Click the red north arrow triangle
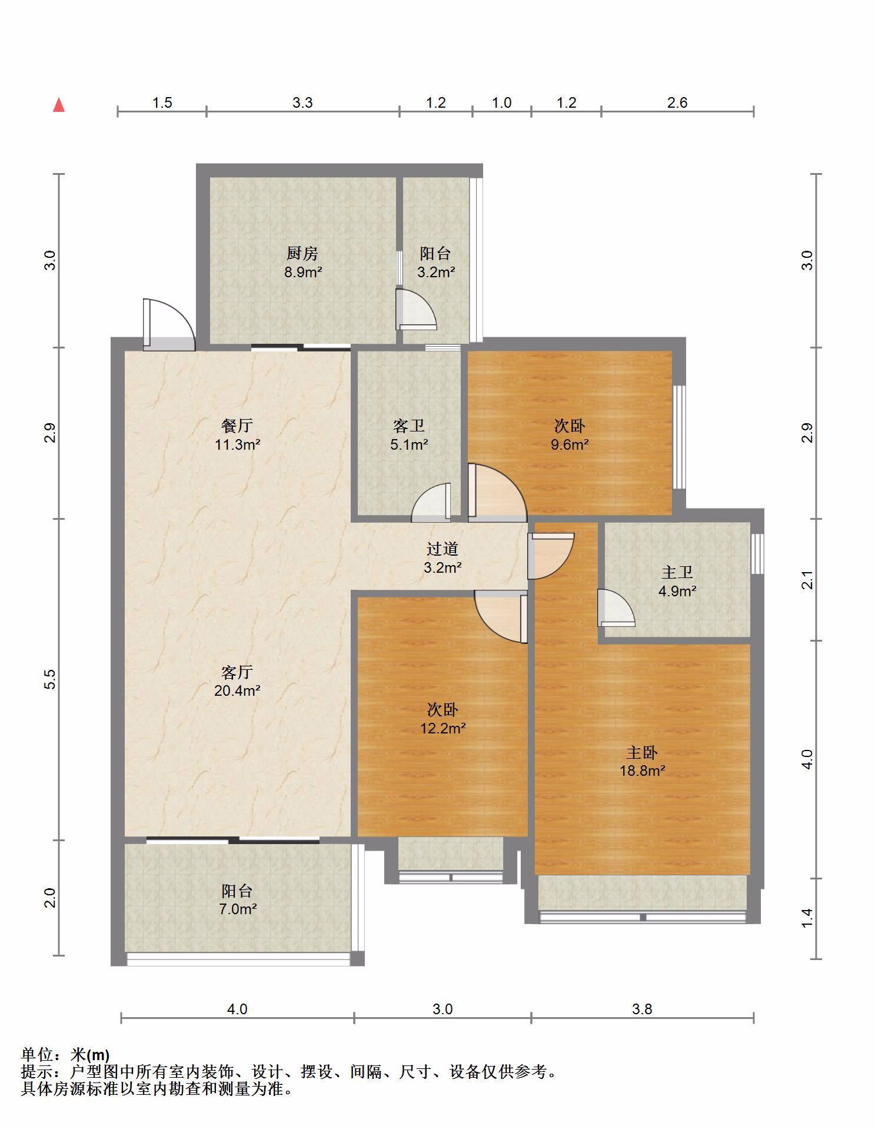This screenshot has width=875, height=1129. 59,105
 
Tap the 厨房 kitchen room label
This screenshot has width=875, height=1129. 302,254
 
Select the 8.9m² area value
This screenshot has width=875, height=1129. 302,272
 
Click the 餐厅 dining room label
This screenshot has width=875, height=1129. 237,426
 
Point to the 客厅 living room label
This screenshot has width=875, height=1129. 237,672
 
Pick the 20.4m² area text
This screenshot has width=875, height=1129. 237,690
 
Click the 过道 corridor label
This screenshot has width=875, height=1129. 443,549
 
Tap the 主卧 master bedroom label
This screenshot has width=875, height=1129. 642,752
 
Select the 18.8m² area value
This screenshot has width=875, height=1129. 642,771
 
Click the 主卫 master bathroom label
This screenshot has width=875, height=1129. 677,572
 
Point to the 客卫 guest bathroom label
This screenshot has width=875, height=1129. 409,426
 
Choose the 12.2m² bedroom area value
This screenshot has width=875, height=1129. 443,729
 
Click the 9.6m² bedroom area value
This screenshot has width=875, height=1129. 570,444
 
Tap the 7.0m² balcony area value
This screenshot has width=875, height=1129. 237,909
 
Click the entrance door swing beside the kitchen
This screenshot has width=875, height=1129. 168,325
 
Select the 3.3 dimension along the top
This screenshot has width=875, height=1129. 302,103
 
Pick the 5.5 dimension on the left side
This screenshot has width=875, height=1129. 51,680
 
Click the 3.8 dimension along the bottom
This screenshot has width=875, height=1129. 642,1009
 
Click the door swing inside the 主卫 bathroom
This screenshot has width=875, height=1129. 616,608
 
